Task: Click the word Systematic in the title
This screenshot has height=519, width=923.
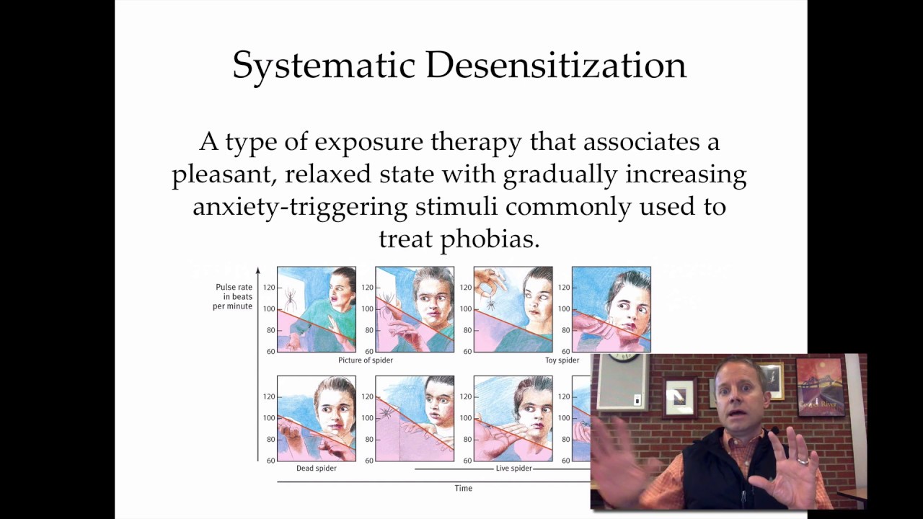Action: pos(324,66)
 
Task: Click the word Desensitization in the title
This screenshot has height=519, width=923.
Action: pos(555,66)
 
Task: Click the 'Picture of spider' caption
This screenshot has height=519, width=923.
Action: pos(365,360)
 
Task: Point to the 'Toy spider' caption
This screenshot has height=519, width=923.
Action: pos(562,360)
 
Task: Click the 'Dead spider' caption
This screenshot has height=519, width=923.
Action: pos(316,469)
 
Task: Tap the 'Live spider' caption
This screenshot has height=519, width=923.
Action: pos(513,469)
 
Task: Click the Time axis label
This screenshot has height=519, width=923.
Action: pos(463,489)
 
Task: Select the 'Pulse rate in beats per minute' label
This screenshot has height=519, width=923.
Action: pos(233,296)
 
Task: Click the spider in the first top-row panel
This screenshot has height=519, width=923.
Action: pos(291,297)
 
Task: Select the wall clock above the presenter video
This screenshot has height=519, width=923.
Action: pos(624,356)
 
